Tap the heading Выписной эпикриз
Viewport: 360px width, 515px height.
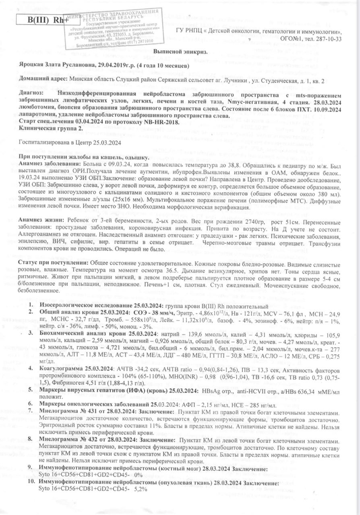[180, 52]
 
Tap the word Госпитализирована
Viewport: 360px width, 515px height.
[44, 142]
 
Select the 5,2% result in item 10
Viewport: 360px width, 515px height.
[141, 489]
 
